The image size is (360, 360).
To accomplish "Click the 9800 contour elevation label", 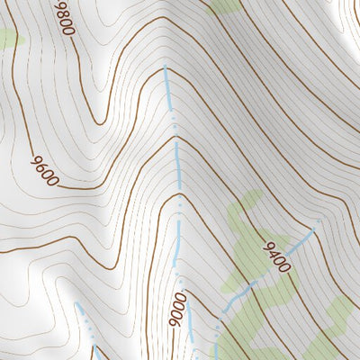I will click(63, 17).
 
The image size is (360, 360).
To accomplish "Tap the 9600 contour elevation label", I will click(44, 169).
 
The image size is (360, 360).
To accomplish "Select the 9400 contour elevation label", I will click(277, 257).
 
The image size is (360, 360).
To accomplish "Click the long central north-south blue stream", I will click(177, 180).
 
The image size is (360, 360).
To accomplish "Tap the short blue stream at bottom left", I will click(86, 319).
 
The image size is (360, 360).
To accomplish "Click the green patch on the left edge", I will click(7, 40).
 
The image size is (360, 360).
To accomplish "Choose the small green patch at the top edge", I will click(225, 6).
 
